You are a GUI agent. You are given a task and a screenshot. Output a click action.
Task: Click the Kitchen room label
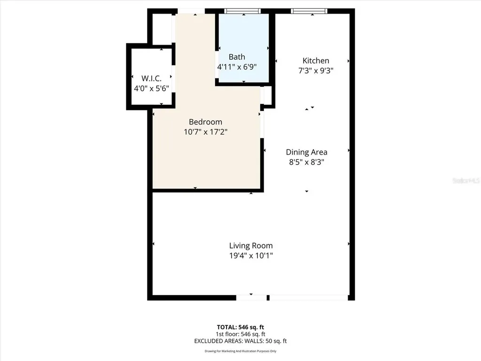(316, 61)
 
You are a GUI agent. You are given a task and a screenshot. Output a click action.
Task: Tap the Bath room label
(237, 57)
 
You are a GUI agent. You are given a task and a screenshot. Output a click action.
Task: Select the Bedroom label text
(206, 122)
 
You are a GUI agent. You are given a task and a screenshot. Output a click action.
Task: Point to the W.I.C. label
(151, 78)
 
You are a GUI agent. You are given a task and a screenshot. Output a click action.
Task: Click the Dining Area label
(307, 152)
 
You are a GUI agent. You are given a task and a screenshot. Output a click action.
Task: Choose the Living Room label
(251, 245)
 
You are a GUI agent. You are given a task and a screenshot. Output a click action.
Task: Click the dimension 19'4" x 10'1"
(251, 256)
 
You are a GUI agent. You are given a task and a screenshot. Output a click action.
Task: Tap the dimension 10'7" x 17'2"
(206, 132)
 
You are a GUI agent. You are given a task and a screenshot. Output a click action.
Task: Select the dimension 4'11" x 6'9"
(237, 67)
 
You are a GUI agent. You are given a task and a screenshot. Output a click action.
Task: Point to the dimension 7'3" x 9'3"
(316, 71)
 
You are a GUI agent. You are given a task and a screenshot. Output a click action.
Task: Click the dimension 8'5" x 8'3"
(307, 162)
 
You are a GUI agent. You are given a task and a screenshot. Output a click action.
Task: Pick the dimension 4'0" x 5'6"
(151, 88)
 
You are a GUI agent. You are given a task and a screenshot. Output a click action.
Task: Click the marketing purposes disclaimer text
(240, 351)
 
